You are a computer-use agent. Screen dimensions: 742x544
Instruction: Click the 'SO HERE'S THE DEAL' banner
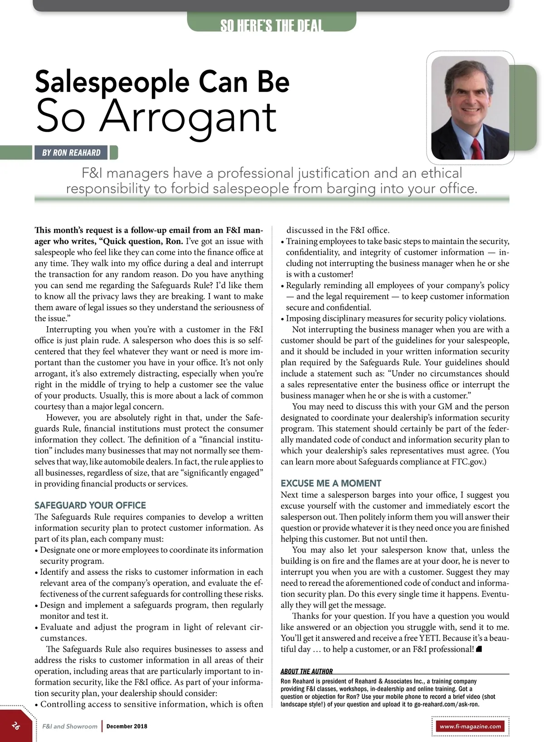pyautogui.click(x=272, y=25)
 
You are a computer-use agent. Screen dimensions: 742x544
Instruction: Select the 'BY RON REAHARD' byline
pyautogui.click(x=71, y=153)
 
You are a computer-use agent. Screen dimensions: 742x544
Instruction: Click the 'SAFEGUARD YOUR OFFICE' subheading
pyautogui.click(x=90, y=505)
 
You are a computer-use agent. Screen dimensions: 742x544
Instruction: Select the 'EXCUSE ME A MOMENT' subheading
pyautogui.click(x=331, y=483)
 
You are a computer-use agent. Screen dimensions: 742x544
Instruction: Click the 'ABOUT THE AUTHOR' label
pyautogui.click(x=306, y=671)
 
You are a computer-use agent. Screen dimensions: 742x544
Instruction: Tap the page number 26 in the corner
pyautogui.click(x=16, y=726)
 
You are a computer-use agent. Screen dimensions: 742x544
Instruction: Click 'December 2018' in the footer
pyautogui.click(x=127, y=726)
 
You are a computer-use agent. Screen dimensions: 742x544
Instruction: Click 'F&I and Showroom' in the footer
pyautogui.click(x=70, y=726)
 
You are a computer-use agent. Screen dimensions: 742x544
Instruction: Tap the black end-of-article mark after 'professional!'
pyautogui.click(x=479, y=649)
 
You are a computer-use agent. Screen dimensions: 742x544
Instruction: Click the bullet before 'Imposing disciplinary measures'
pyautogui.click(x=282, y=319)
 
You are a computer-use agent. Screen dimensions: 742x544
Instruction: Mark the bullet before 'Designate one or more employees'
pyautogui.click(x=36, y=550)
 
